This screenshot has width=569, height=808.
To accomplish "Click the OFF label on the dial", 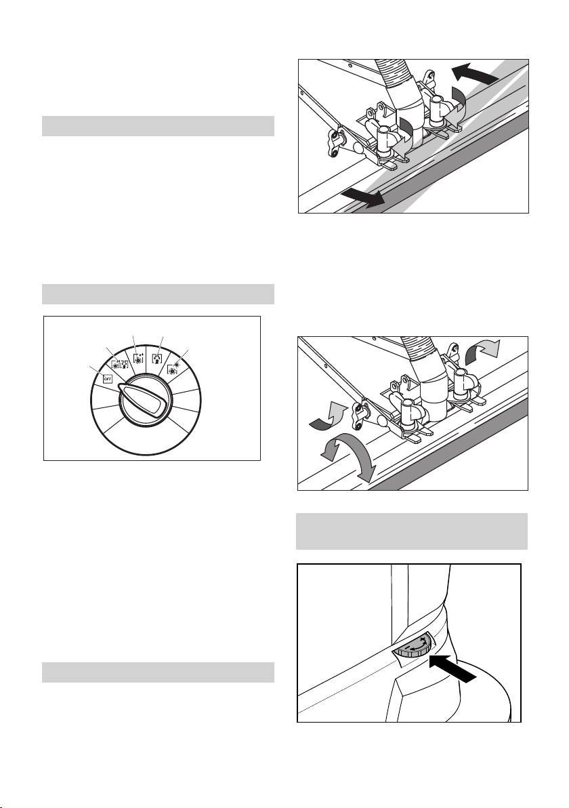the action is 107,379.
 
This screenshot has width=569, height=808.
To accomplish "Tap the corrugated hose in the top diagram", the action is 398,77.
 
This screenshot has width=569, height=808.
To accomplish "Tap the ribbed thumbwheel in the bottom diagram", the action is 414,647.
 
